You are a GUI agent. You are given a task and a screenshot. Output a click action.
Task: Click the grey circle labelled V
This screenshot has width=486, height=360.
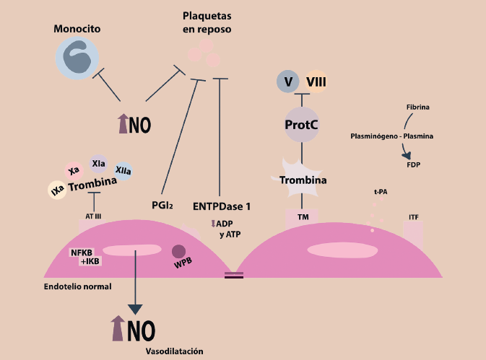click(x=288, y=82)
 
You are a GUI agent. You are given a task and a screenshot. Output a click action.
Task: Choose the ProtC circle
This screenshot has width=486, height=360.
click(x=302, y=124)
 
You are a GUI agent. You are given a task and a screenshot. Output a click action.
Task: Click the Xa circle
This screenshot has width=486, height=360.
click(x=74, y=171)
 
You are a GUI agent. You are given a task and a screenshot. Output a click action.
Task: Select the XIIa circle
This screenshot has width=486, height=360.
click(x=123, y=172)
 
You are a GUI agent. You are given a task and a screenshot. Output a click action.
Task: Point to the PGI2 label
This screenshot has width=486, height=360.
click(x=162, y=206)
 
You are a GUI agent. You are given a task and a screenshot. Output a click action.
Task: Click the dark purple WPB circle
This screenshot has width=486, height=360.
click(x=178, y=253)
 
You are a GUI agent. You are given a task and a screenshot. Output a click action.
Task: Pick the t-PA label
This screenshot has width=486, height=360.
click(x=380, y=192)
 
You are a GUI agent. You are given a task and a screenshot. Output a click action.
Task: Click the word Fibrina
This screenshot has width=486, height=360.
click(x=417, y=107)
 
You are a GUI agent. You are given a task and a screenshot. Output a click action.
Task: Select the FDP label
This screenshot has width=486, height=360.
click(x=414, y=164)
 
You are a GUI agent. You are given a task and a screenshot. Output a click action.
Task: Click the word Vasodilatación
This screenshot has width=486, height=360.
click(x=173, y=351)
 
